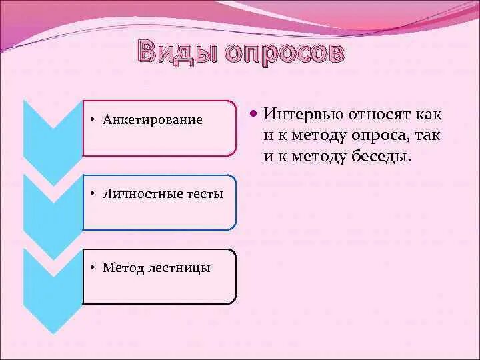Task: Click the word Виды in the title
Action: point(177,53)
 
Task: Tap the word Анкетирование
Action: point(152,120)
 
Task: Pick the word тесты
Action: point(206,194)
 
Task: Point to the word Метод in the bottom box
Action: point(123,268)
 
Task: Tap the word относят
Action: point(379,114)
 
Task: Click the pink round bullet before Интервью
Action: point(253,115)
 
